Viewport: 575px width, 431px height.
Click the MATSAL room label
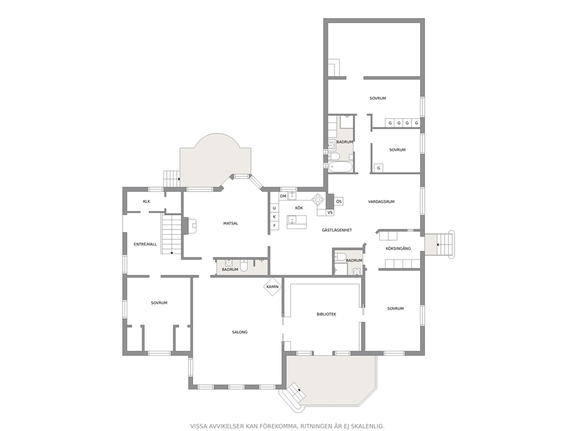click(231, 223)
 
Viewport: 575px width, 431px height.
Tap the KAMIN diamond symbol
click(272, 287)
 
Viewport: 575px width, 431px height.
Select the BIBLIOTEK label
click(326, 314)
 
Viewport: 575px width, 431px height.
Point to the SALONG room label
click(240, 332)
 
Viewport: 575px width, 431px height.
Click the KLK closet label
click(147, 201)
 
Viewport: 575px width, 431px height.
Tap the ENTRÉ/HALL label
click(145, 244)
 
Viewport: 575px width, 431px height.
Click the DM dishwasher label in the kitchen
click(283, 196)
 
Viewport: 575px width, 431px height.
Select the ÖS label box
click(339, 202)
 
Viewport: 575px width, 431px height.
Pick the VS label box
click(330, 213)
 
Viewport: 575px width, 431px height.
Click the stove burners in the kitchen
click(318, 200)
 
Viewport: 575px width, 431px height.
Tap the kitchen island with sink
click(297, 222)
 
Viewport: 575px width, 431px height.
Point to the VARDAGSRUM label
click(381, 202)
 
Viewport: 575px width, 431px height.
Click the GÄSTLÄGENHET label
click(337, 230)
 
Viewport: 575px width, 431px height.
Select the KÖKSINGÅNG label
click(398, 249)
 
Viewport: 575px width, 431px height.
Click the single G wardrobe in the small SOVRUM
click(379, 168)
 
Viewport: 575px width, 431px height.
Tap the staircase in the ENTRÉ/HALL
click(171, 234)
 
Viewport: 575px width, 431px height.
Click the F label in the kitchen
click(274, 226)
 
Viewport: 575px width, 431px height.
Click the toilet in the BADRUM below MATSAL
click(244, 266)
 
